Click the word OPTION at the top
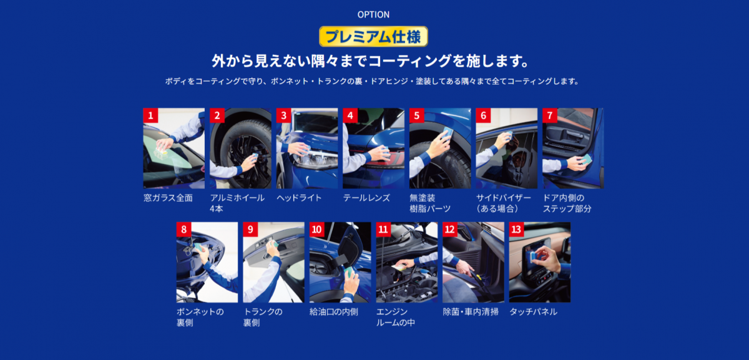(373, 15)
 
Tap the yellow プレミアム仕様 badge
(373, 36)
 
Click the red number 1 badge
(150, 115)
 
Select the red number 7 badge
(550, 115)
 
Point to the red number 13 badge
(516, 230)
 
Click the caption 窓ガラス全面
(168, 198)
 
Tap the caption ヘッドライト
(299, 198)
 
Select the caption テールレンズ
(366, 198)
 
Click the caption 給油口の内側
(334, 312)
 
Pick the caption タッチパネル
(533, 312)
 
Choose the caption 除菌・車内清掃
(471, 312)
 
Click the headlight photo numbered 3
(307, 148)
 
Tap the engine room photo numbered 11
(406, 263)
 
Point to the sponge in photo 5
(447, 133)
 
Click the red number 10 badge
(316, 230)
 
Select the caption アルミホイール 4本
(237, 203)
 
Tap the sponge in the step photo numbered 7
(585, 160)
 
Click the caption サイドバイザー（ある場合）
(503, 203)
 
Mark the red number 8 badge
(184, 230)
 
